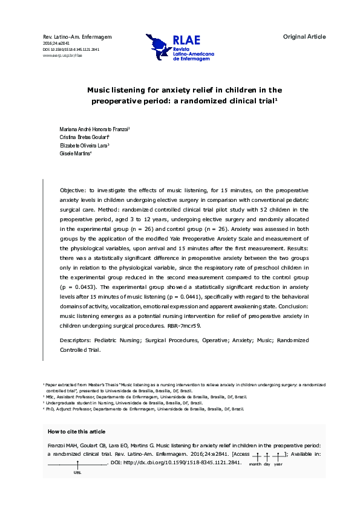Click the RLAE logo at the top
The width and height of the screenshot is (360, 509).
click(180, 48)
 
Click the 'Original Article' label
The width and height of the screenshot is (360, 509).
click(304, 37)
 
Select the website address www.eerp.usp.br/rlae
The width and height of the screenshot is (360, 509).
click(62, 55)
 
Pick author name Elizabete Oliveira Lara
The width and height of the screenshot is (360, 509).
click(83, 146)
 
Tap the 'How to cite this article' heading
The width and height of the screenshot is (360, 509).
click(76, 431)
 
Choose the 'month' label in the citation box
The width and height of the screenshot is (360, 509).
click(255, 464)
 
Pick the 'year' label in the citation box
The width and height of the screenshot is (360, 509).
click(278, 464)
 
